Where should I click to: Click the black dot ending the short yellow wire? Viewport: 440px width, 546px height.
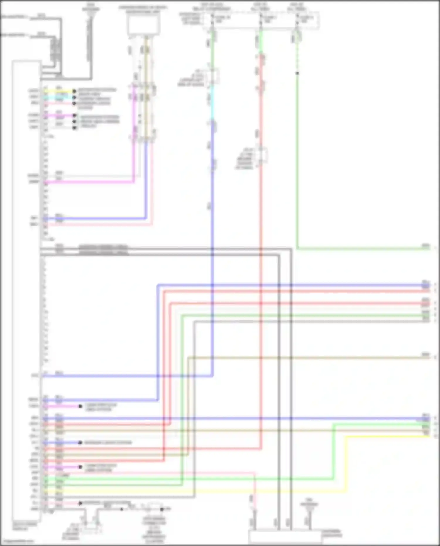coord(74,91)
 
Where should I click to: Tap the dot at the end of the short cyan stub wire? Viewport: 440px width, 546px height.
coord(74,97)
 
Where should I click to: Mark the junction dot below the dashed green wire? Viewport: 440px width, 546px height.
coord(297,73)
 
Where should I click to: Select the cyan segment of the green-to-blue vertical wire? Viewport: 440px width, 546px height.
coord(212,103)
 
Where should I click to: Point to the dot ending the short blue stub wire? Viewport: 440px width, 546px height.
coord(80,442)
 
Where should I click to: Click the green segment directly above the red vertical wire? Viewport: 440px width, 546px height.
coord(260,41)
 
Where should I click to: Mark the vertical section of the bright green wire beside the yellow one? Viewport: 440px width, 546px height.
coord(334,452)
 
